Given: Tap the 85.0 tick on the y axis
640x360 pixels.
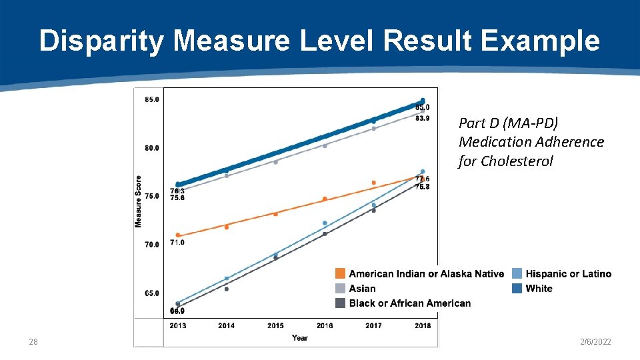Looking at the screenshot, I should pos(152,100).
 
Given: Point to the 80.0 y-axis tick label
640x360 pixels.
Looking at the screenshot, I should pos(152,148).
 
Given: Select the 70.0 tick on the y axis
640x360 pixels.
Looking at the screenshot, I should pos(152,245).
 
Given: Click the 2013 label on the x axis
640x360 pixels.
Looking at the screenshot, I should pos(177,326).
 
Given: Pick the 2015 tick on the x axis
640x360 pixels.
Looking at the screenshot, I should pos(275,326).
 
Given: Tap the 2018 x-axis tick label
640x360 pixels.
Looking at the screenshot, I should pos(422,326).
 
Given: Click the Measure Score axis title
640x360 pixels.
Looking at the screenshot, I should pos(139,201).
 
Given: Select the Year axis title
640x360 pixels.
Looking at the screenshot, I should pos(300,338).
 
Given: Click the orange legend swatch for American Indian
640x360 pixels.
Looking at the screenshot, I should pos(340,274).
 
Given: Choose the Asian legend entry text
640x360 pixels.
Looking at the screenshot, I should pos(362,289).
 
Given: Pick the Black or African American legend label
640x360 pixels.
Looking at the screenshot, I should pos(409,303).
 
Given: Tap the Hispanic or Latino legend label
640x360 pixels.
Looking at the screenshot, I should pos(568,274).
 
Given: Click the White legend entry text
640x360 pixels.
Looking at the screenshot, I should pos(539,289).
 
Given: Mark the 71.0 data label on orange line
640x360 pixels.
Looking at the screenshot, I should pos(177,243).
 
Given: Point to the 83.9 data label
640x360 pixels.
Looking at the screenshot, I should pos(423,119).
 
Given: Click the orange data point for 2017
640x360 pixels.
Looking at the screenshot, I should pos(374,183).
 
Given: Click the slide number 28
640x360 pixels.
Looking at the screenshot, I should pos(33,342).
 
